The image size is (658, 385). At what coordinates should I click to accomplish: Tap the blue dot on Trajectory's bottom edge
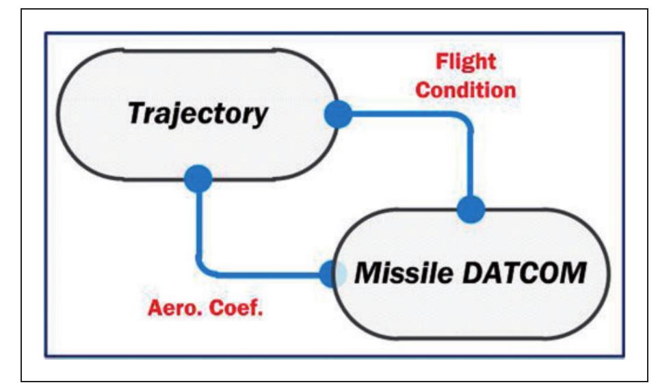click(x=198, y=179)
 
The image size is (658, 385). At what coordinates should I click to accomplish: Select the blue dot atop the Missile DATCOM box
click(x=470, y=208)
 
